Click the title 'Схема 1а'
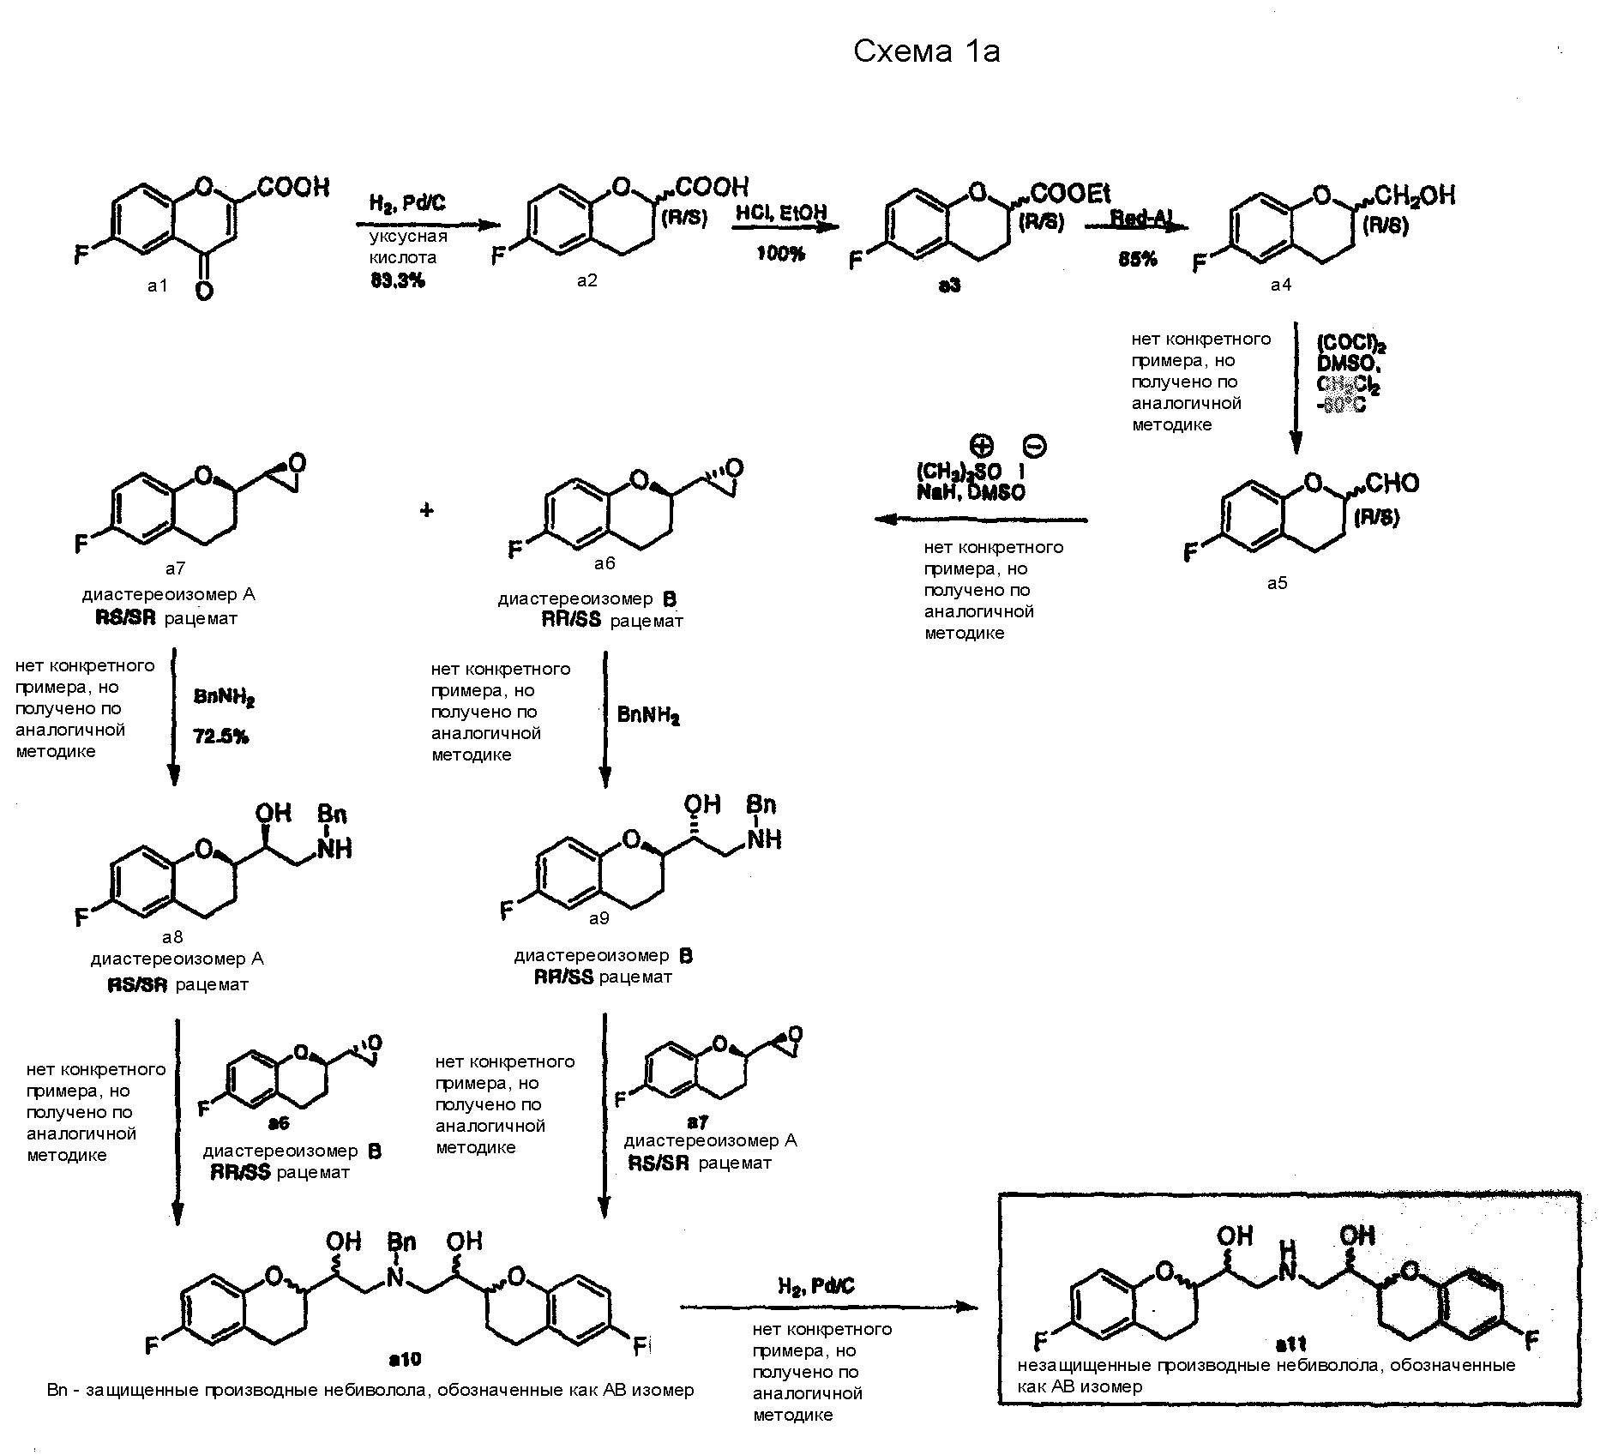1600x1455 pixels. click(926, 52)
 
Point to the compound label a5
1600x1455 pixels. click(1277, 583)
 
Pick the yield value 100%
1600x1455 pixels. click(780, 254)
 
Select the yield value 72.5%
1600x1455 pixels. click(221, 736)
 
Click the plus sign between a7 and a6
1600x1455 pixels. click(426, 511)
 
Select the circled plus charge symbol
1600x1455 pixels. click(981, 446)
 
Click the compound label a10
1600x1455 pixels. click(405, 1360)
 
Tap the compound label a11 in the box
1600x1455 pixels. click(1290, 1344)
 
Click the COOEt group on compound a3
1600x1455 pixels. click(1070, 194)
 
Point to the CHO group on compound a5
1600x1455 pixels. click(1392, 484)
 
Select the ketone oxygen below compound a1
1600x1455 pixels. click(204, 292)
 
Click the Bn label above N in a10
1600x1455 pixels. click(401, 1241)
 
